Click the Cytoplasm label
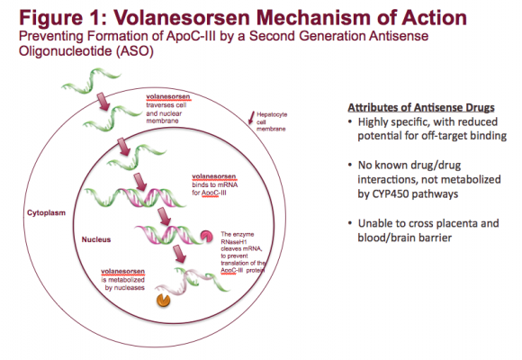(46, 213)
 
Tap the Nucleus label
(96, 239)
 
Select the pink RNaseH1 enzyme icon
(206, 236)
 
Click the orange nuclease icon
(164, 300)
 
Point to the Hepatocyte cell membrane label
(272, 121)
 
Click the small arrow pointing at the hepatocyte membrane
(251, 118)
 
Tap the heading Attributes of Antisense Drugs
(421, 108)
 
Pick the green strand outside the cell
(91, 80)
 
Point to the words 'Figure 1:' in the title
(63, 18)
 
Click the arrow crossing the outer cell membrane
(103, 102)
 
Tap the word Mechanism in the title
(313, 18)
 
